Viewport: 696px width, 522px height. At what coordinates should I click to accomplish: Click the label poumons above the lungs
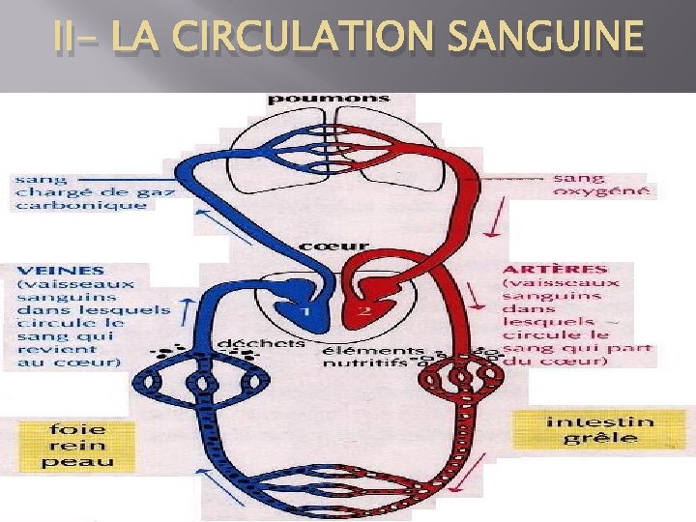(x=328, y=99)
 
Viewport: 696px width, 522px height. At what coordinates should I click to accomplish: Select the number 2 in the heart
(x=363, y=311)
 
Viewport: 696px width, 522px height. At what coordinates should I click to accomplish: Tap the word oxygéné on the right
(x=601, y=191)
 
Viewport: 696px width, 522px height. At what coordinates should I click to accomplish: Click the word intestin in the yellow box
(x=599, y=420)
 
